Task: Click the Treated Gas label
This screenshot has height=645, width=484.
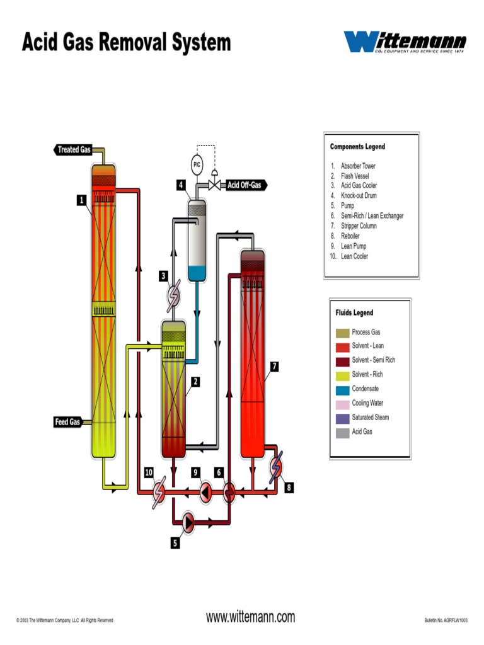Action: (x=72, y=150)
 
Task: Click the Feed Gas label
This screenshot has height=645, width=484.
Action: (x=68, y=422)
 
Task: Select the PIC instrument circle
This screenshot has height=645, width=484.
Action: (x=197, y=165)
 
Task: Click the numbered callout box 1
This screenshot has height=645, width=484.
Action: (x=81, y=200)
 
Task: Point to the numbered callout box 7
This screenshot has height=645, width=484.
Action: (x=274, y=366)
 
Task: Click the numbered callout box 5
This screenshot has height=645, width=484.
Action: (x=175, y=543)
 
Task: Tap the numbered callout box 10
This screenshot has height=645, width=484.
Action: (x=149, y=472)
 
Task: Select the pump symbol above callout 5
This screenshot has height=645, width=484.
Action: (x=188, y=521)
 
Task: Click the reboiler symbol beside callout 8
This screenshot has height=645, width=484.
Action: (x=275, y=467)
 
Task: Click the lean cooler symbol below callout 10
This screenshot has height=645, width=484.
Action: (x=159, y=492)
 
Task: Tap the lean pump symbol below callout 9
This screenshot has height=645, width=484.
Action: (x=206, y=492)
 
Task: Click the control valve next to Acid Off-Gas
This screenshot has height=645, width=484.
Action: (x=214, y=185)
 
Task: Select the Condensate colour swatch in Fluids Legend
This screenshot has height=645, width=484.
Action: (x=342, y=389)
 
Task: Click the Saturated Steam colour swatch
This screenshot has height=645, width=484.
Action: (x=342, y=418)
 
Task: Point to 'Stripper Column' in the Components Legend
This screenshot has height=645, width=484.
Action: (x=359, y=225)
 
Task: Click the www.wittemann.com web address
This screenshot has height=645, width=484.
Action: (x=250, y=617)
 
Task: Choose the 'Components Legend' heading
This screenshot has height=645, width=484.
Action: (x=357, y=147)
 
